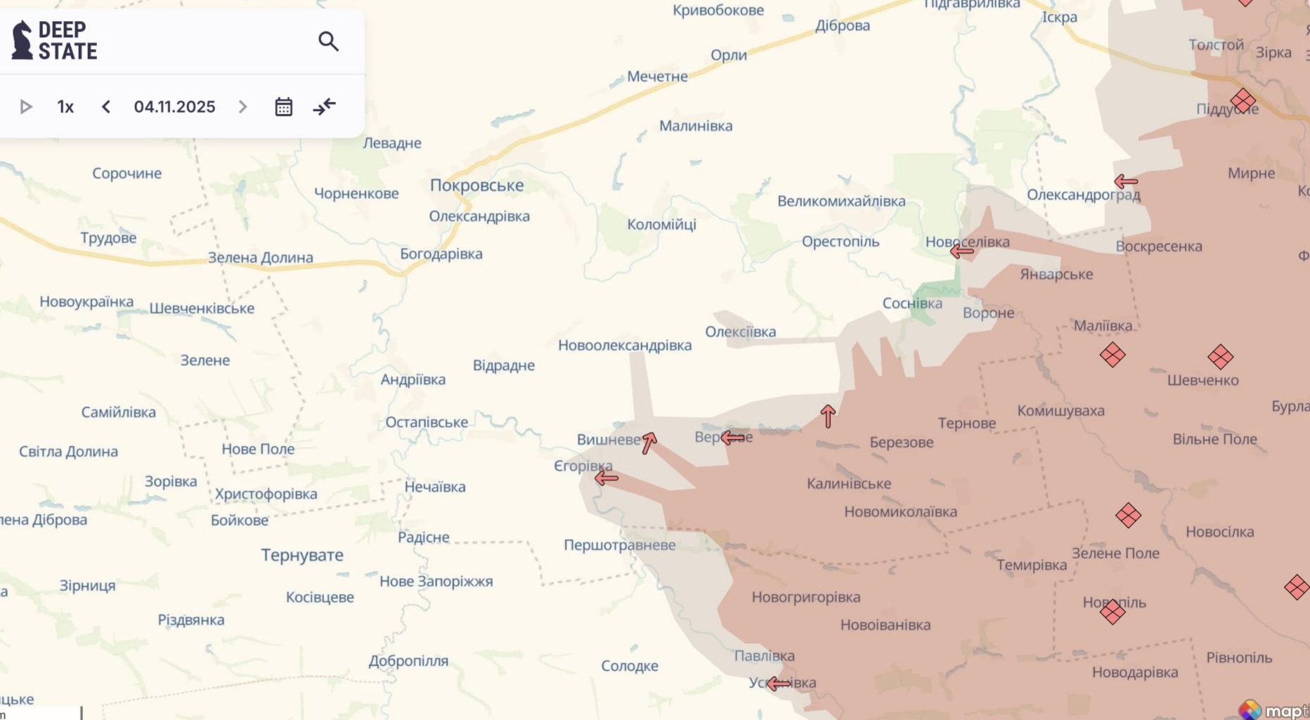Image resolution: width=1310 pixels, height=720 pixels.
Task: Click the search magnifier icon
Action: click(x=328, y=41)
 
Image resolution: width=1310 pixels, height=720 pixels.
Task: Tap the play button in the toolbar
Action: click(x=26, y=107)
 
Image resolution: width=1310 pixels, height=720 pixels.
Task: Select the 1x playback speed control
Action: click(x=65, y=107)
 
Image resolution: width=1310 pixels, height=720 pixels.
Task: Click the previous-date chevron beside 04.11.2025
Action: click(x=106, y=107)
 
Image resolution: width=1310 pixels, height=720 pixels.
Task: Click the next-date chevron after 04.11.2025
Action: click(x=242, y=107)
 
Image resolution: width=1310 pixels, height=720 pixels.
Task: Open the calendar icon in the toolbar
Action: click(x=283, y=107)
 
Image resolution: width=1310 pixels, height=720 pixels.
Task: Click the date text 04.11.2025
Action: click(x=174, y=107)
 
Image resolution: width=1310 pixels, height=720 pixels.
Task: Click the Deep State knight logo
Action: click(x=22, y=40)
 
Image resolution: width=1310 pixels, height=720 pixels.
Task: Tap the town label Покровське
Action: click(x=476, y=185)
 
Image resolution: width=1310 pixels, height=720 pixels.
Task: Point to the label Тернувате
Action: click(x=302, y=555)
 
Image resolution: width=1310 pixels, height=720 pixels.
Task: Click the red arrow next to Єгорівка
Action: click(x=607, y=478)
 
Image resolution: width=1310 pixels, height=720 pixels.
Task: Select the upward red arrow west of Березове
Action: click(x=828, y=416)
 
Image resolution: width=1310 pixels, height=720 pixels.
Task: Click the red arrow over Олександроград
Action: click(x=1126, y=182)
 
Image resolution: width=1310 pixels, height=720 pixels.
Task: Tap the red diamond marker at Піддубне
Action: click(x=1243, y=100)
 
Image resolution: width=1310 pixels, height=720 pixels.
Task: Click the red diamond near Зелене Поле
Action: click(x=1128, y=516)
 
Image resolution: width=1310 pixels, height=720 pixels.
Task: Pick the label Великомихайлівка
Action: click(x=841, y=202)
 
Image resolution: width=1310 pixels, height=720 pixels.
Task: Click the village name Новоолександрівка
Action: click(x=625, y=346)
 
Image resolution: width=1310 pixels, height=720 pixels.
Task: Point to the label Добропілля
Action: click(x=408, y=661)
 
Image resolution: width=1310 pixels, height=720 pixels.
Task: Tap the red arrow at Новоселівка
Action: click(x=961, y=251)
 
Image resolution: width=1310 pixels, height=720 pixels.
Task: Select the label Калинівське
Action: click(x=848, y=483)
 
